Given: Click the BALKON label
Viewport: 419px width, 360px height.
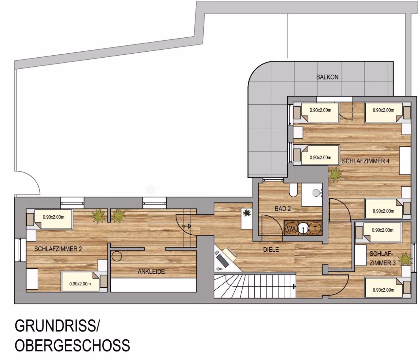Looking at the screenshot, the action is pyautogui.click(x=327, y=77).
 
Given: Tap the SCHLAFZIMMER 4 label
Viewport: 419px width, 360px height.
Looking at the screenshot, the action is pyautogui.click(x=366, y=161).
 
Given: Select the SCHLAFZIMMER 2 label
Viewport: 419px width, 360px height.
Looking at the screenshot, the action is pyautogui.click(x=58, y=249).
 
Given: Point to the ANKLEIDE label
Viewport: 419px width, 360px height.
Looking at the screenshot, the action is pyautogui.click(x=151, y=272).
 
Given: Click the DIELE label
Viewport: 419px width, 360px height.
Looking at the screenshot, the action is pyautogui.click(x=271, y=249).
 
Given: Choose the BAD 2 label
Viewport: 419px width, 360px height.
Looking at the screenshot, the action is pyautogui.click(x=282, y=208).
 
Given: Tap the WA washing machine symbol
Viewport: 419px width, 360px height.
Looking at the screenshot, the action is pyautogui.click(x=291, y=229).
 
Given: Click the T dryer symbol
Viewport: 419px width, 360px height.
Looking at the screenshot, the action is pyautogui.click(x=315, y=229).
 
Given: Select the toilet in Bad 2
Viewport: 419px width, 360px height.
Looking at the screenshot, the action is pyautogui.click(x=293, y=190).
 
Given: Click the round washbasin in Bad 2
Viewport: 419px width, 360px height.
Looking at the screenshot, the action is pyautogui.click(x=316, y=192).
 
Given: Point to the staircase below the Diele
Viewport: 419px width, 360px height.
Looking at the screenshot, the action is pyautogui.click(x=255, y=286).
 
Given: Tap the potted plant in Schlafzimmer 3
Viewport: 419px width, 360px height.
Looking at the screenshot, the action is pyautogui.click(x=405, y=259).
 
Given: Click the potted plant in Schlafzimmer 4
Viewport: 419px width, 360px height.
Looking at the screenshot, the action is pyautogui.click(x=335, y=174).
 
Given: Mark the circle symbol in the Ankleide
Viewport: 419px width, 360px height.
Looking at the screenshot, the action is pyautogui.click(x=117, y=256).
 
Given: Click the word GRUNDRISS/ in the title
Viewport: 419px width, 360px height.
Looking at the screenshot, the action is pyautogui.click(x=57, y=326).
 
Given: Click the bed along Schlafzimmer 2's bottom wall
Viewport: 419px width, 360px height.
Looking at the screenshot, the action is pyautogui.click(x=84, y=282).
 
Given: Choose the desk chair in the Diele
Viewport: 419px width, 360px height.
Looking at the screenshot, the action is pyautogui.click(x=230, y=254).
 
